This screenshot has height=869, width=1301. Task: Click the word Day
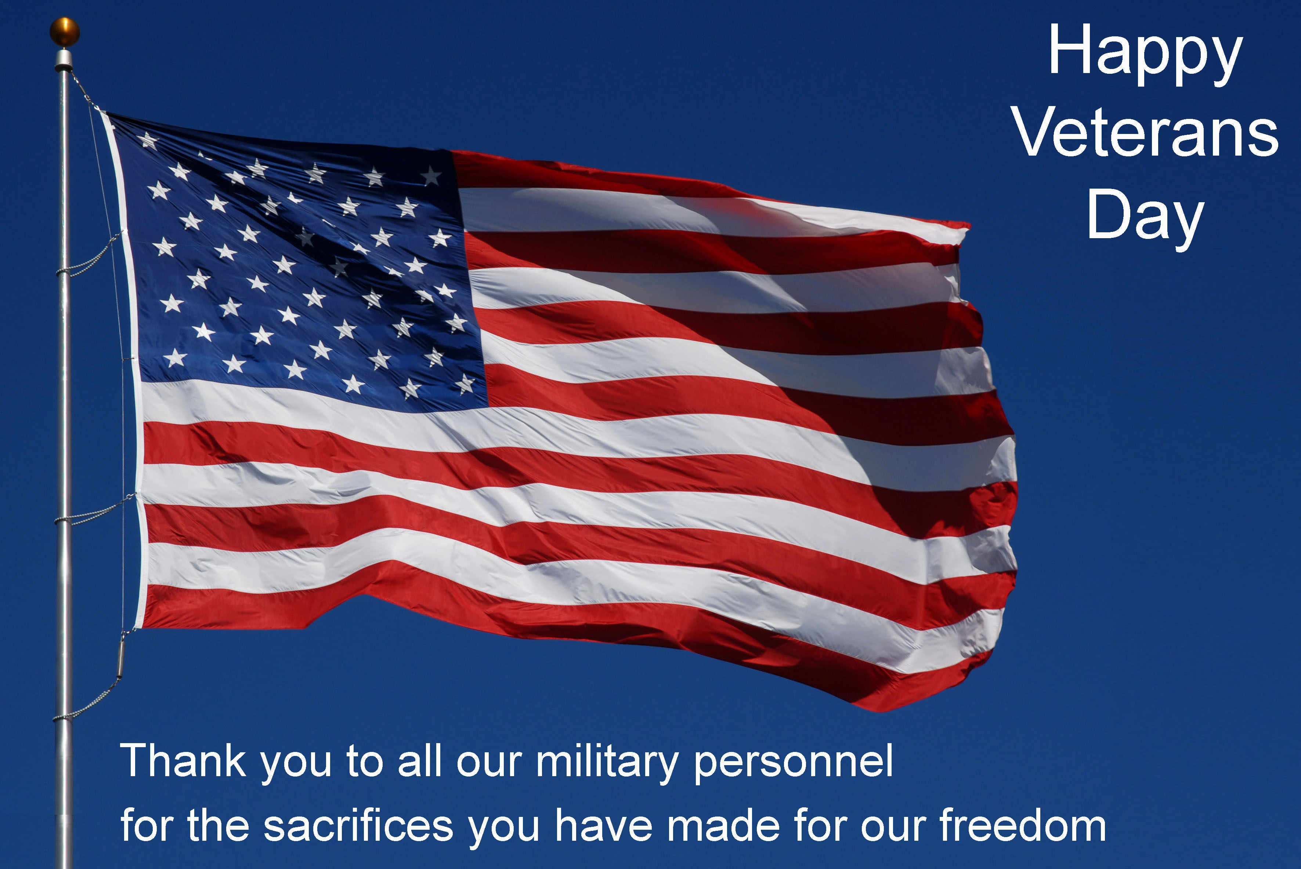click(x=1145, y=218)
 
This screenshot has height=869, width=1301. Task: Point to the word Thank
click(x=183, y=761)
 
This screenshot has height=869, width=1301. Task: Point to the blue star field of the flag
click(x=300, y=266)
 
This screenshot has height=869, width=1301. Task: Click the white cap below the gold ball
click(x=64, y=59)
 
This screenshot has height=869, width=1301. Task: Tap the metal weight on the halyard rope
click(x=120, y=657)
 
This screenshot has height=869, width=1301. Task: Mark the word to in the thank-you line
click(x=364, y=763)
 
